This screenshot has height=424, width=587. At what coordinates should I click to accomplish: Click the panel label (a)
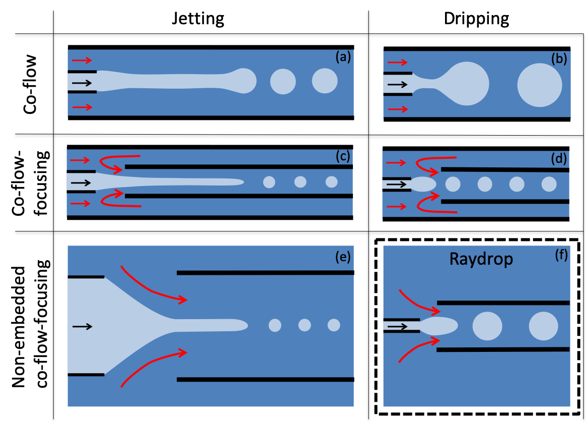coord(343,57)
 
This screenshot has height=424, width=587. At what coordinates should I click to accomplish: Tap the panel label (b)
coord(559,59)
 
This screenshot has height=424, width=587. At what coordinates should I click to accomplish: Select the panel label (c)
coord(343,157)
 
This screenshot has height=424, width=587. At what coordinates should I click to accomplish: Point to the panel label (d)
coord(559,159)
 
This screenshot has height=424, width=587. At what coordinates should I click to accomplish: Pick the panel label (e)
coord(343,257)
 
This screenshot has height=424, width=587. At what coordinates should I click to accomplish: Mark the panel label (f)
coord(561,255)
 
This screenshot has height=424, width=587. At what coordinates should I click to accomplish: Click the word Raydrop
coord(481,259)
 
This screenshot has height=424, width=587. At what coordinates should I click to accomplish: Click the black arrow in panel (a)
coord(82,83)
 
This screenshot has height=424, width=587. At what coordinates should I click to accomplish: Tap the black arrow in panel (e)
coord(83,327)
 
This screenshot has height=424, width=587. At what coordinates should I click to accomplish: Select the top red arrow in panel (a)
coord(83,60)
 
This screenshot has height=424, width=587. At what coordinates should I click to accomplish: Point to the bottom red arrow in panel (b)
coord(397,109)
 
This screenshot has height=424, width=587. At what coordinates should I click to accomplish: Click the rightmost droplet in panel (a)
coord(325,81)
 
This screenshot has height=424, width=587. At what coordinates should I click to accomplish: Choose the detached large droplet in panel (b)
coord(540,85)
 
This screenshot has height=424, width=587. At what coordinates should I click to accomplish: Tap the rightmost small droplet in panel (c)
coord(331,182)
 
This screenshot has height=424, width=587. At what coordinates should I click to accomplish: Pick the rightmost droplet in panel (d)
coord(549,184)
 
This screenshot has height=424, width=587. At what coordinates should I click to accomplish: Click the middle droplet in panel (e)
coord(305,325)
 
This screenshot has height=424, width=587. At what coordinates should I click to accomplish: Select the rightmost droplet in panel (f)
coord(543,326)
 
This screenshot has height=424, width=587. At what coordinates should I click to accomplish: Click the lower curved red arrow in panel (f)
coord(417,349)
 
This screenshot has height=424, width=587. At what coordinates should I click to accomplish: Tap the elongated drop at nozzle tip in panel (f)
coord(438,326)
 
